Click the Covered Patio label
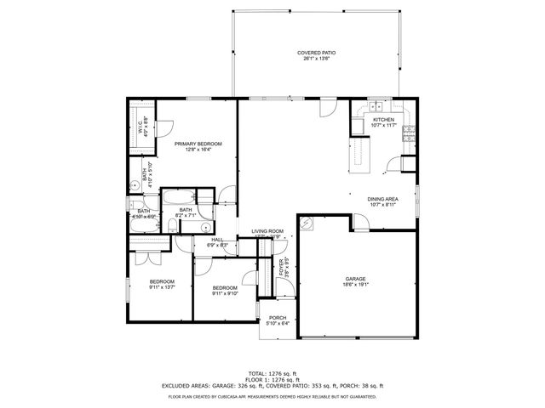316,53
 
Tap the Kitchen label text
384,120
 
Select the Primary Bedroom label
198,144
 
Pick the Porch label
278,317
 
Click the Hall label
217,240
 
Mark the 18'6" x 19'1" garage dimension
355,285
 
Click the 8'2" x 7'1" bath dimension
186,216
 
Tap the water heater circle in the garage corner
308,225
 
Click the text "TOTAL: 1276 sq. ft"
272,373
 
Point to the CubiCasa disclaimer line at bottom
272,396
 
